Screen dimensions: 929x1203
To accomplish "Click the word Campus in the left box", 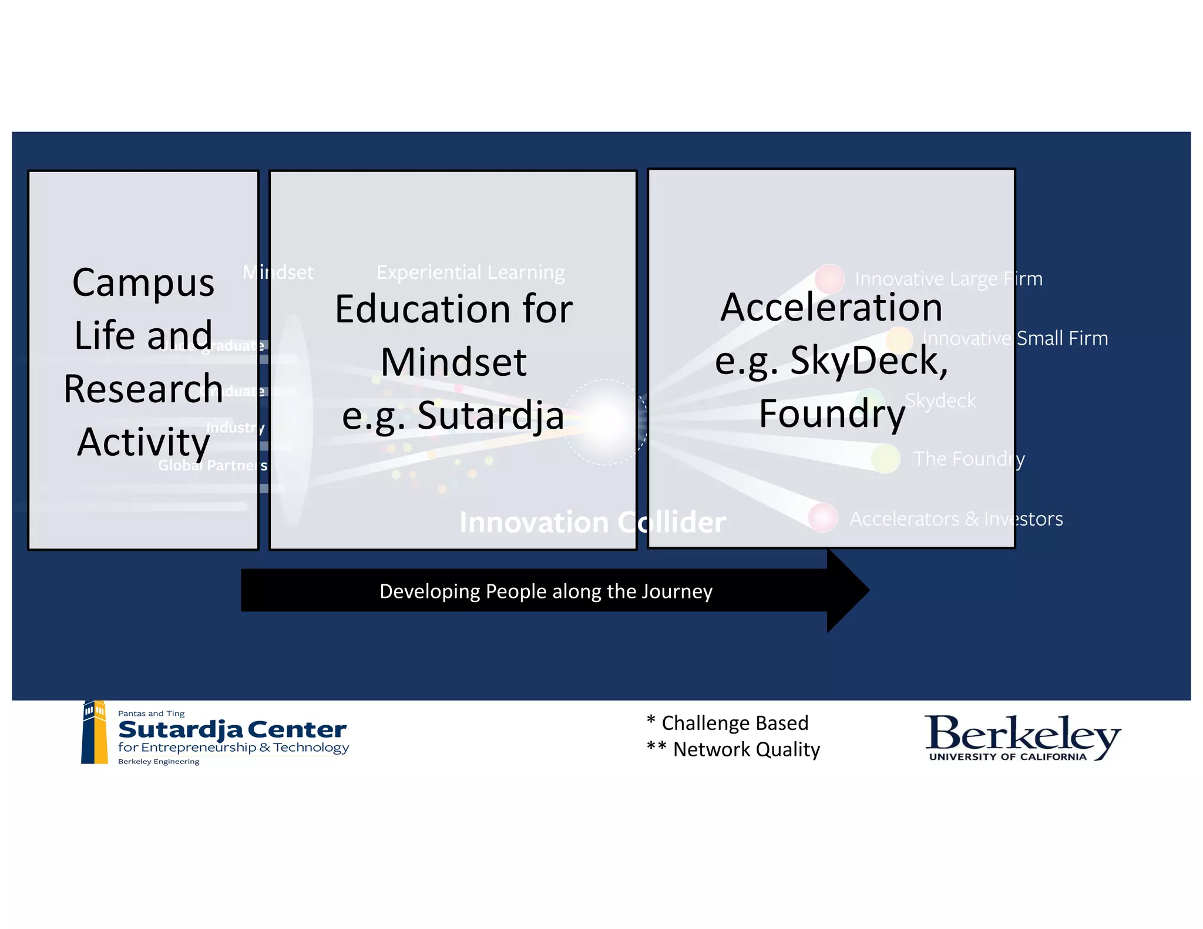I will click(x=143, y=283).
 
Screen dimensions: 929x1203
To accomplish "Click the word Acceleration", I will click(x=831, y=307).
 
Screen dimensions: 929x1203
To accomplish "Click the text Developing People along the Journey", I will click(x=546, y=591).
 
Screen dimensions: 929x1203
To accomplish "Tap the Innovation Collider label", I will click(x=592, y=522).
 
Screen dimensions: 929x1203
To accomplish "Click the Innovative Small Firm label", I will click(x=1015, y=338).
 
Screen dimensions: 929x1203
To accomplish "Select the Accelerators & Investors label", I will click(x=956, y=519).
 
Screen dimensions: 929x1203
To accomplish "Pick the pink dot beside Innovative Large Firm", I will click(x=829, y=278).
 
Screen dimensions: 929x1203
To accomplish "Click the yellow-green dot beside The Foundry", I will click(x=885, y=459).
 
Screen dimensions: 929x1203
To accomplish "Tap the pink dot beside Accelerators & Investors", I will click(x=822, y=517).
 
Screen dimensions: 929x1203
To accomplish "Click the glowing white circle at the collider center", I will click(x=605, y=422).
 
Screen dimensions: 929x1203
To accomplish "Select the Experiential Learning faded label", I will click(x=471, y=272).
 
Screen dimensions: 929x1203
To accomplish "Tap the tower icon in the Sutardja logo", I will click(x=95, y=732).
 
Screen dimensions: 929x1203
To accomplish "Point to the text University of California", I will click(x=1007, y=757).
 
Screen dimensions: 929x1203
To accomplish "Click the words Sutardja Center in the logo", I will click(x=232, y=730).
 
